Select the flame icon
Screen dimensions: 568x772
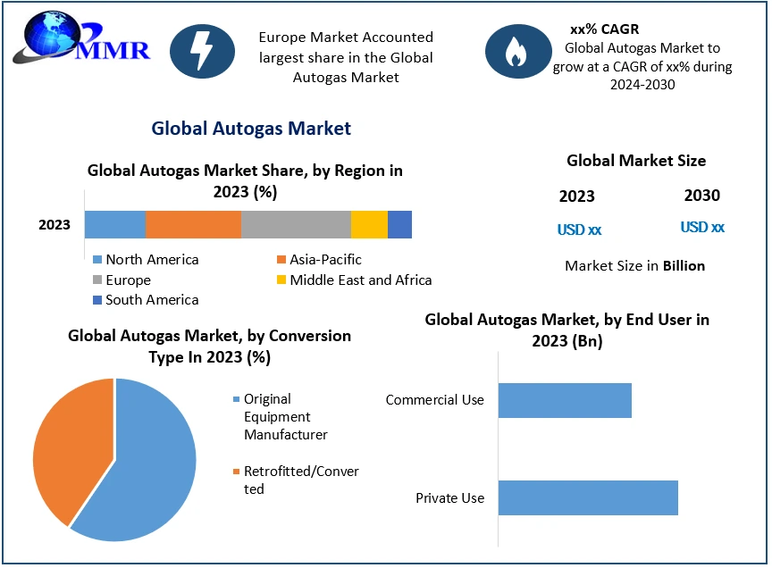coord(517,52)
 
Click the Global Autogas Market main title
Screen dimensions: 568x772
coord(251,129)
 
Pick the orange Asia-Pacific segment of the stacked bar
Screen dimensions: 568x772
coord(193,224)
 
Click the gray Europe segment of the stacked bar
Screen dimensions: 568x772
coord(296,224)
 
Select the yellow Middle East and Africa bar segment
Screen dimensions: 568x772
coord(369,224)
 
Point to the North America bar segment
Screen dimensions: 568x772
coord(115,224)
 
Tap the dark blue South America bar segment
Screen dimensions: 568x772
coord(399,224)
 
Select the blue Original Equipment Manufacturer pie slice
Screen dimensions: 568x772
coord(147,464)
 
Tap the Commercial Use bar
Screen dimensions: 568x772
coord(565,400)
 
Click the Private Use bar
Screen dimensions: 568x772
coord(588,497)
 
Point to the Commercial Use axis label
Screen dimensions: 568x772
coord(434,400)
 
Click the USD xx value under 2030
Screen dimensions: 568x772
coord(702,228)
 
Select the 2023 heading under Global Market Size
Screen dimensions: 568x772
coord(576,196)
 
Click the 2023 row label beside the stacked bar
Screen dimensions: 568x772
coord(55,225)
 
